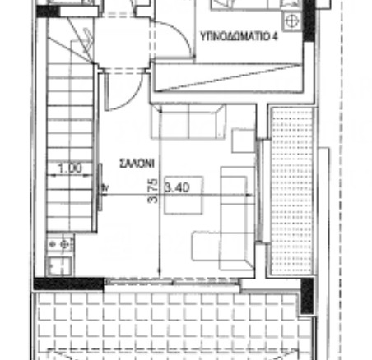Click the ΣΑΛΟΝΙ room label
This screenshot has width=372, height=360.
[137, 163]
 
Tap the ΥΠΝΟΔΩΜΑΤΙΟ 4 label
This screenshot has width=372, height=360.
[239, 36]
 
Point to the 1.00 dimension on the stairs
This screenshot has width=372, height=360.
[70, 168]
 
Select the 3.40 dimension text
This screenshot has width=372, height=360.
[177, 187]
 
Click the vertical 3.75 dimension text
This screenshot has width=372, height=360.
[153, 191]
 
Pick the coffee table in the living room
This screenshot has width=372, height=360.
[184, 195]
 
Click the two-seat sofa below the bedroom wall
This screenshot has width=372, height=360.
[188, 121]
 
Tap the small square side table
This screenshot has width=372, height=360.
[244, 141]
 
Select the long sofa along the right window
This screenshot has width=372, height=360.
[237, 219]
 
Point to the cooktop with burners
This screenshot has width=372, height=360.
[60, 243]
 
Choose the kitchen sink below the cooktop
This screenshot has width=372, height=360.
[60, 265]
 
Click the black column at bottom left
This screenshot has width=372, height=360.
[69, 284]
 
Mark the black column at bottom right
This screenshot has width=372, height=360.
[307, 296]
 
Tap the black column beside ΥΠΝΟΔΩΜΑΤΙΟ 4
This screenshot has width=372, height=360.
[309, 21]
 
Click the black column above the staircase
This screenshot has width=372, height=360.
[48, 12]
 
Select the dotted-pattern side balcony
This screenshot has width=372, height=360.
[292, 191]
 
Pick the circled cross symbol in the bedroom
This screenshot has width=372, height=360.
[291, 21]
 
